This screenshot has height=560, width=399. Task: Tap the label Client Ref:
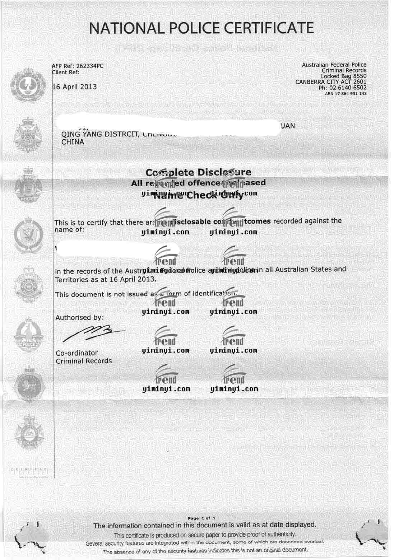pyautogui.click(x=66, y=72)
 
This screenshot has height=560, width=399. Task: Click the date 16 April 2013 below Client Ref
pyautogui.click(x=75, y=87)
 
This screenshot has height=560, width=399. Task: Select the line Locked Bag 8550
pyautogui.click(x=343, y=76)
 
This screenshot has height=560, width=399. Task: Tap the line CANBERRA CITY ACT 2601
pyautogui.click(x=331, y=82)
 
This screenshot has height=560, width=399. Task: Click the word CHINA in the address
pyautogui.click(x=73, y=142)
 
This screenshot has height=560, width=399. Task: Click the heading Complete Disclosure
pyautogui.click(x=198, y=172)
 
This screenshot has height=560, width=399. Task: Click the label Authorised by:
pyautogui.click(x=79, y=318)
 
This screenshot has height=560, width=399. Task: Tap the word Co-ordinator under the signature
pyautogui.click(x=77, y=353)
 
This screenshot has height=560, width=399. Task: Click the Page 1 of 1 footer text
pyautogui.click(x=201, y=518)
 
